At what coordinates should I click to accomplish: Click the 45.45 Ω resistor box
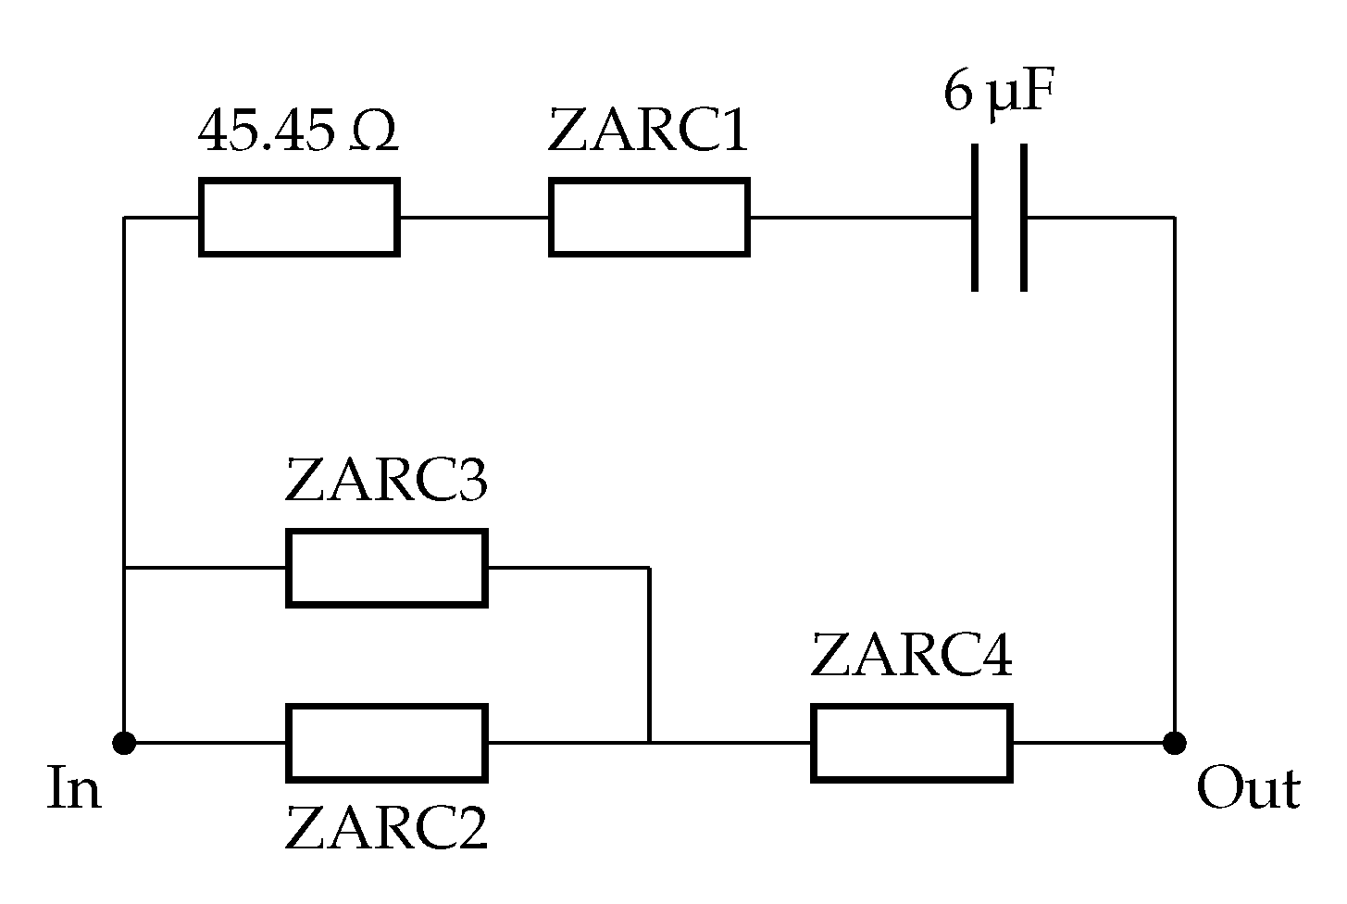click(x=299, y=218)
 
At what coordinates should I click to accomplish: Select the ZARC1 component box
click(x=649, y=218)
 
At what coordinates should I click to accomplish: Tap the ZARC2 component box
click(x=386, y=742)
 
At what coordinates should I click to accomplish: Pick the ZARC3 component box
click(x=386, y=568)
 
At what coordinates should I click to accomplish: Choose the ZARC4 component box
click(x=912, y=742)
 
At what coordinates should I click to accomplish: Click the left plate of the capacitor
click(x=976, y=218)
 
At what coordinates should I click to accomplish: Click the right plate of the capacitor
click(x=1023, y=218)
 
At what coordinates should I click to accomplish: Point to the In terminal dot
click(x=123, y=742)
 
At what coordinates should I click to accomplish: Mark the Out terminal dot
click(x=1175, y=742)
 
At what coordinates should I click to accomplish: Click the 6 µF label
click(x=999, y=94)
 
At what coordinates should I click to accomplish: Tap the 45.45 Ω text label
click(x=298, y=132)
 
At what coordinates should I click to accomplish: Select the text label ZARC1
click(x=648, y=132)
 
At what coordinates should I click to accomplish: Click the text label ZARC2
click(x=386, y=828)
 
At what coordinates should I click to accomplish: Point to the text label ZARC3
click(x=386, y=481)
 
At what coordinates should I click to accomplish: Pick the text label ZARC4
click(x=912, y=656)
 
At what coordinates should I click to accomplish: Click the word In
click(x=74, y=790)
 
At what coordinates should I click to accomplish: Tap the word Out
click(x=1248, y=790)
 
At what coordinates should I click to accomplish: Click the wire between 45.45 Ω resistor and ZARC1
click(x=474, y=218)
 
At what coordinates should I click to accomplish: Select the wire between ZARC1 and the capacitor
click(x=859, y=218)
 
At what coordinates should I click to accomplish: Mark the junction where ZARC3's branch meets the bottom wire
click(x=650, y=742)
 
